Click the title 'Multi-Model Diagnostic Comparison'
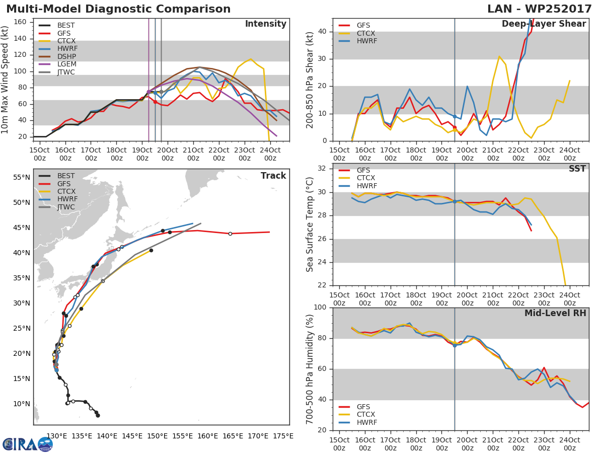tap(118, 9)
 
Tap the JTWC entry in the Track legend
tap(66, 207)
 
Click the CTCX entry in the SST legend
tap(365, 178)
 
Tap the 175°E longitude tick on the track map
tap(283, 436)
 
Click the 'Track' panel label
tap(273, 176)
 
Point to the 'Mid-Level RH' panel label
tap(555, 314)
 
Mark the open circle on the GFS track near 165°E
tap(230, 234)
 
